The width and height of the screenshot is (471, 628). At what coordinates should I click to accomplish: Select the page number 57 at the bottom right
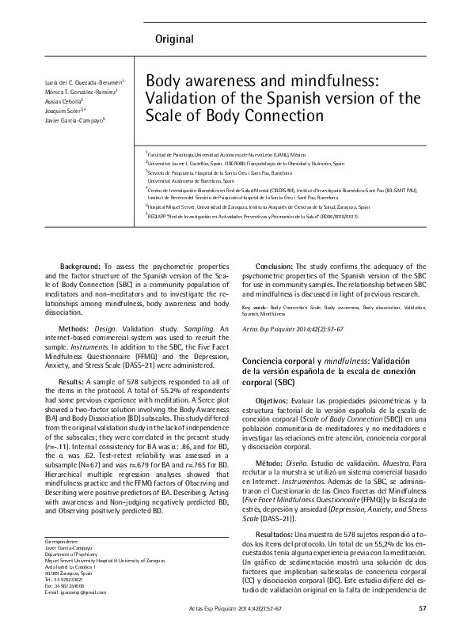point(421,607)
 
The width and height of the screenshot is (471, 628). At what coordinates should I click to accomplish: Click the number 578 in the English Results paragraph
point(108,381)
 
